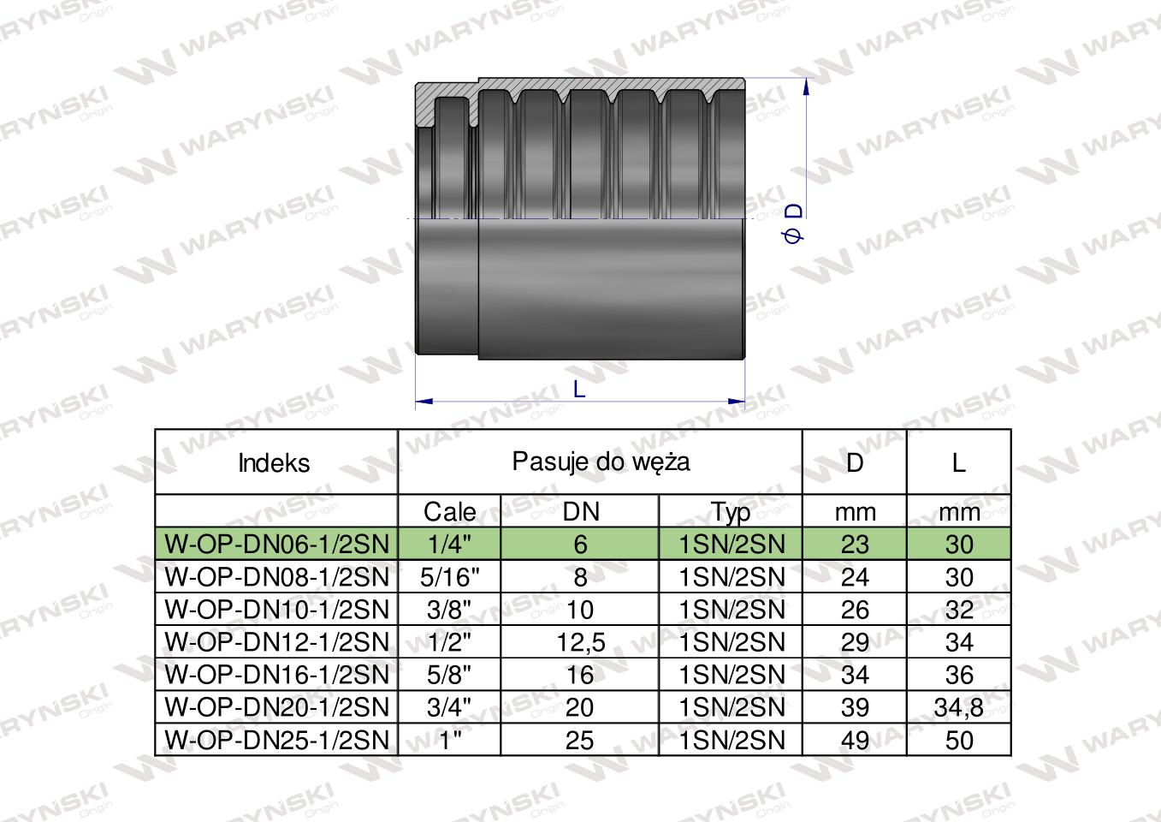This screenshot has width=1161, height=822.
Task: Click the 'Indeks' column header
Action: click(x=274, y=463)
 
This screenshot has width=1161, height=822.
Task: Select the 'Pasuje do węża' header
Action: click(x=600, y=462)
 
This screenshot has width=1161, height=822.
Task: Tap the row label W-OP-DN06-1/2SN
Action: click(x=276, y=545)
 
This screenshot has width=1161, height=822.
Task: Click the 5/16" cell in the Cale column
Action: click(x=450, y=577)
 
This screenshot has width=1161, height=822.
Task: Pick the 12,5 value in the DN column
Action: click(x=580, y=642)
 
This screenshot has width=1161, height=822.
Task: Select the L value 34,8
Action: click(x=959, y=707)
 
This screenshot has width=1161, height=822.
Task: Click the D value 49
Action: click(x=855, y=740)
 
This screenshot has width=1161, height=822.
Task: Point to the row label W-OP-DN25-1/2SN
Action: click(x=276, y=740)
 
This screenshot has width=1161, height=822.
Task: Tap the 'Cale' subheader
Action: click(x=450, y=512)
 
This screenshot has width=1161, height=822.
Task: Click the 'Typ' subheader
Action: click(x=731, y=512)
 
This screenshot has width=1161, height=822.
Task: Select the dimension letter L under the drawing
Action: click(x=579, y=390)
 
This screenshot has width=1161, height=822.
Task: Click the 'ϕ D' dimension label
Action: click(x=793, y=223)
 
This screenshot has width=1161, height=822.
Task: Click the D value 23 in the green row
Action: click(x=855, y=545)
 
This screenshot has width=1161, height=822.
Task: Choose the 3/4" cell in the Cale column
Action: click(x=450, y=707)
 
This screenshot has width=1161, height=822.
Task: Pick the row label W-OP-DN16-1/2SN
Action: click(x=276, y=675)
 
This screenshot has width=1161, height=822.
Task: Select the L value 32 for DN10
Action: click(x=959, y=610)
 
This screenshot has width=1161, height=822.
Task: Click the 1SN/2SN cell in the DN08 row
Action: click(x=731, y=577)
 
